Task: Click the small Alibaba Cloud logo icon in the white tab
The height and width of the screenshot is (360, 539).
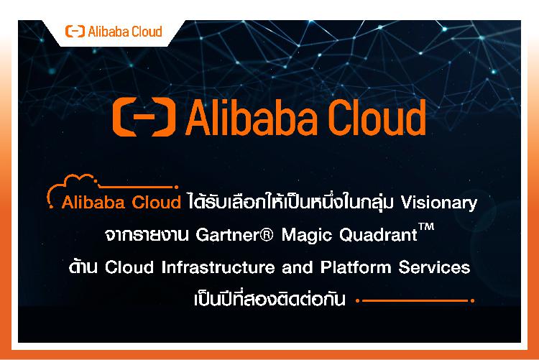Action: coord(75,32)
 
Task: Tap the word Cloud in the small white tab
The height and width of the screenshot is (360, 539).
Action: coord(147,32)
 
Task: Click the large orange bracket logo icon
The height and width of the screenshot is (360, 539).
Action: coord(144,117)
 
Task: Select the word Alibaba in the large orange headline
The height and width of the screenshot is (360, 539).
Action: coord(252,117)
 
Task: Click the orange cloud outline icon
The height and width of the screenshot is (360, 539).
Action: coord(73,190)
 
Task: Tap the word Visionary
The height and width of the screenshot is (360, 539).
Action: coord(439,203)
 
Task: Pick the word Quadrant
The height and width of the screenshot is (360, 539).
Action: coord(378,235)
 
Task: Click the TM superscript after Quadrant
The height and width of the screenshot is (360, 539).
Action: coord(426,227)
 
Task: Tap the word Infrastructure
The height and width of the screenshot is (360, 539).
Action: coord(218,267)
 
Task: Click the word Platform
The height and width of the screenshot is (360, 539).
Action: coord(356,267)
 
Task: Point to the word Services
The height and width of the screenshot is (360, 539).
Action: coord(435,267)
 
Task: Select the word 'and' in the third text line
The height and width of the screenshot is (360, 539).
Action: coord(298,267)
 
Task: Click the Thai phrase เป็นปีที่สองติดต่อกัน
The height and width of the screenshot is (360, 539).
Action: coord(269,298)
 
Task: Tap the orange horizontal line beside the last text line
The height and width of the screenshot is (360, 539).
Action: coord(415,300)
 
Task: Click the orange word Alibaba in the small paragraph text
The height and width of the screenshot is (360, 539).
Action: coord(93,202)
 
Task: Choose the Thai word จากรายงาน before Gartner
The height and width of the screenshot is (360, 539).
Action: coord(147,235)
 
